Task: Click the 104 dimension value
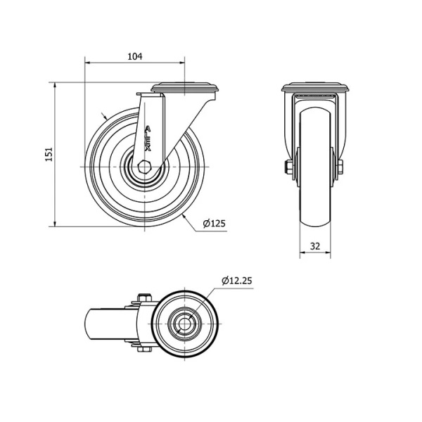pyautogui.click(x=134, y=56)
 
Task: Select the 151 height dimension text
pyautogui.click(x=49, y=154)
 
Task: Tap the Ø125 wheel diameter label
pyautogui.click(x=214, y=224)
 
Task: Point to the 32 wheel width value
pyautogui.click(x=315, y=245)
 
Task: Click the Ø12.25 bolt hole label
pyautogui.click(x=237, y=281)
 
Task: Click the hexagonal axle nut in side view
pyautogui.click(x=144, y=167)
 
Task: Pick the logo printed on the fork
pyautogui.click(x=148, y=139)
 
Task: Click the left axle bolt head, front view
pyautogui.click(x=289, y=167)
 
